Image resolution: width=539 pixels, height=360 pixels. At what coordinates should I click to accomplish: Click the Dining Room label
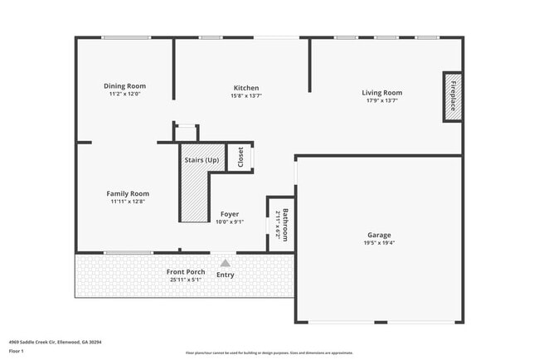click(125, 85)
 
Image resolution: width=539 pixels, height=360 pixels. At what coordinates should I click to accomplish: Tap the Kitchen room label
click(246, 88)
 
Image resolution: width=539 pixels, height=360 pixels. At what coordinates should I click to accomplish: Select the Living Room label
click(381, 92)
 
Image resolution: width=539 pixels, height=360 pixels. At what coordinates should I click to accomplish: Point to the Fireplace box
click(453, 96)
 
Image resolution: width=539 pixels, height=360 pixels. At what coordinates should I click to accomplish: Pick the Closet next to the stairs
click(240, 157)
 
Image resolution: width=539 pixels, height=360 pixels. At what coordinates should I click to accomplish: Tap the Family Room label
click(128, 193)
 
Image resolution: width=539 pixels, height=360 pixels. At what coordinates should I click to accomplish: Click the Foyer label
click(230, 214)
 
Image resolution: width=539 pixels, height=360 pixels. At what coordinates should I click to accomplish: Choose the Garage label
click(380, 235)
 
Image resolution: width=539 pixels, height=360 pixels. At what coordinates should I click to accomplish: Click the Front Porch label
click(186, 272)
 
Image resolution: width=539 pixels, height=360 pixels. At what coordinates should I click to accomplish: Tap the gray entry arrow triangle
click(224, 263)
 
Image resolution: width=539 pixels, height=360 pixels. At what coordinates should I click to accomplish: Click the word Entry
click(225, 275)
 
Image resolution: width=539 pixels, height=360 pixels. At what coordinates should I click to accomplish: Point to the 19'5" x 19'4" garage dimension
click(380, 243)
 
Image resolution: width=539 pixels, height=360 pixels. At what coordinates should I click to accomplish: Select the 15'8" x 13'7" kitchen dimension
click(246, 95)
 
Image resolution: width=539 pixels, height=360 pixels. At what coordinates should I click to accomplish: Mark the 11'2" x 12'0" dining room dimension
click(125, 94)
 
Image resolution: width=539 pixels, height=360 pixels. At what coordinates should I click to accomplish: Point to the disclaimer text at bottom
click(269, 352)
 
